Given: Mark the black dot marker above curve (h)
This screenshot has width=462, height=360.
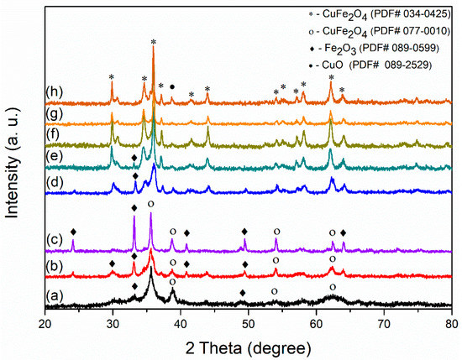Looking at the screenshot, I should (172, 86).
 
